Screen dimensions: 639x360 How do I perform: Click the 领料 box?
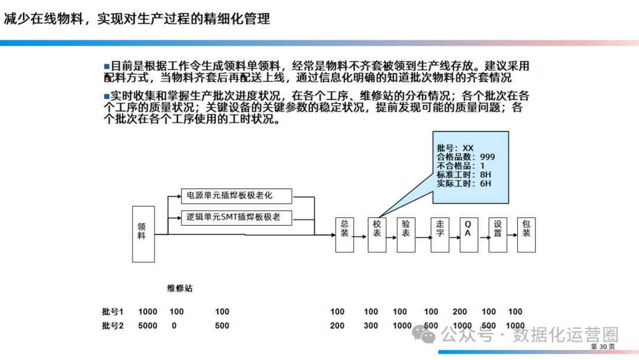pos(143,234)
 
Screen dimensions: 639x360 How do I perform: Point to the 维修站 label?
pos(179,289)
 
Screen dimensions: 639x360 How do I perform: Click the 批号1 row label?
pos(112,312)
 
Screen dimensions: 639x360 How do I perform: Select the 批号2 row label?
pos(112,326)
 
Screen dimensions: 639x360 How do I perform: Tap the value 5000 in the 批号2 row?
pos(147,326)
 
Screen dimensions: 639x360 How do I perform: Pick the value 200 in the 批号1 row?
pos(460,312)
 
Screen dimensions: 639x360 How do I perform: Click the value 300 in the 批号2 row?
pos(371,326)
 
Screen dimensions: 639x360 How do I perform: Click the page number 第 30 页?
pos(603,346)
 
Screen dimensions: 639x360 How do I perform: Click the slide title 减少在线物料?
pos(137,19)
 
